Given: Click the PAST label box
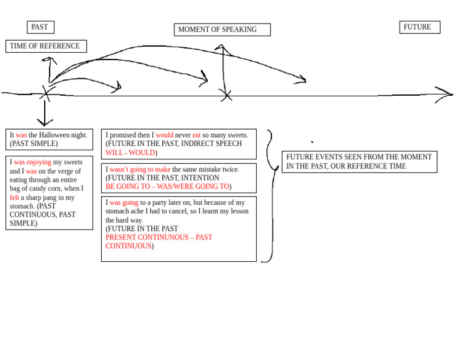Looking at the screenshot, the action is click(x=41, y=27).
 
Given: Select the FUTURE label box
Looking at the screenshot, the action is click(x=420, y=27).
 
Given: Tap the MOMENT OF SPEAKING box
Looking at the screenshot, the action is click(x=222, y=30).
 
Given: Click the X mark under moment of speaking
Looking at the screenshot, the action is click(x=226, y=96).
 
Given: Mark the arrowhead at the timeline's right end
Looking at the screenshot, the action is click(x=445, y=95).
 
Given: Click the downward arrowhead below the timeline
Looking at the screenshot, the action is click(x=45, y=122).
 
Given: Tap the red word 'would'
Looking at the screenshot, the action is click(x=164, y=135).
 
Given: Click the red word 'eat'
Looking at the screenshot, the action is click(x=196, y=135).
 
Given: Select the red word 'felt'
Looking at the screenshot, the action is click(x=15, y=198).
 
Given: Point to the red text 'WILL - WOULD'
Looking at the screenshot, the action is click(x=131, y=153).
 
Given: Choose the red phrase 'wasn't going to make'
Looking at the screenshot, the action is click(x=140, y=170).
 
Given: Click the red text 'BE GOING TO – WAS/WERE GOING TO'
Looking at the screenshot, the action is click(x=167, y=187).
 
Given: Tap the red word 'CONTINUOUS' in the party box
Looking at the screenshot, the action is click(x=128, y=246).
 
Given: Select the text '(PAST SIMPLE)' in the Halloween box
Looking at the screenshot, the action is click(x=34, y=144).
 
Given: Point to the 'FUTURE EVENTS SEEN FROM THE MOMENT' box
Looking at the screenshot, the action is click(x=360, y=162).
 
